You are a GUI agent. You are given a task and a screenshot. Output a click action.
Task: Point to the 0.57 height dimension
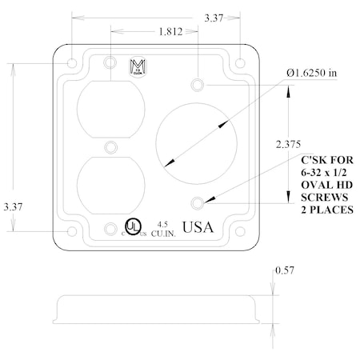286,271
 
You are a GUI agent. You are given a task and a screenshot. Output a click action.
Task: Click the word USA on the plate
198,227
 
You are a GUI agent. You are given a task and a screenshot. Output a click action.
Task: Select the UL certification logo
131,226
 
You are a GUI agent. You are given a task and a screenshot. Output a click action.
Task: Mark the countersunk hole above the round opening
198,84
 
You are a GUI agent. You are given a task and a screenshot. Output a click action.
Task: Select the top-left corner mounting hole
72,62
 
